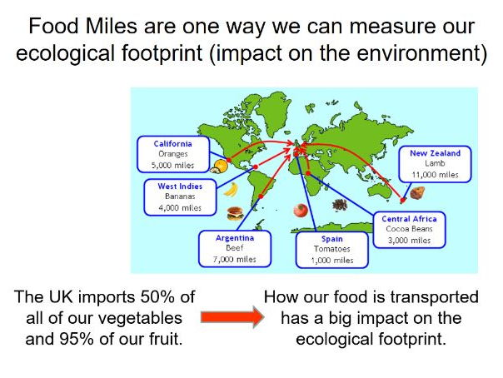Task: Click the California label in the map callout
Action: click(172, 144)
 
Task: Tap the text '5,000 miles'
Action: click(172, 166)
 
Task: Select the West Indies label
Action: click(180, 187)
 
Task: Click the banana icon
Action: click(231, 189)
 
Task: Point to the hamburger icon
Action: click(235, 213)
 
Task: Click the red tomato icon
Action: click(301, 211)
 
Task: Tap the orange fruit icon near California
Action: click(219, 167)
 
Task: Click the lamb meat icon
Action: click(417, 192)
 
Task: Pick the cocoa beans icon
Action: click(340, 205)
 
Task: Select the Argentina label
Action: click(235, 238)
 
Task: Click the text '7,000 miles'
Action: click(235, 260)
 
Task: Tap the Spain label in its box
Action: click(332, 239)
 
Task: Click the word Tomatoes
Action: click(332, 249)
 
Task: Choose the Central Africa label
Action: click(409, 219)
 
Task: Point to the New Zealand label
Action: click(435, 153)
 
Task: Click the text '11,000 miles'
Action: click(435, 175)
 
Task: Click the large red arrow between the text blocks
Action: click(232, 317)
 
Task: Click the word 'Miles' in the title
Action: click(112, 26)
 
